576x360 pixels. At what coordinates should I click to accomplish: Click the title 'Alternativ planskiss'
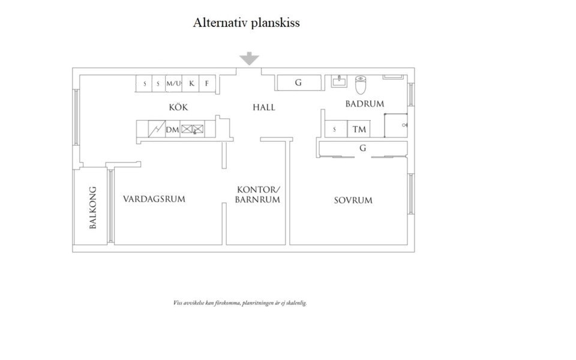tap(246, 23)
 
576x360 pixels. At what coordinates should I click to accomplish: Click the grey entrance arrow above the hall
tap(249, 58)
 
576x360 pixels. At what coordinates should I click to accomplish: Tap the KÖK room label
tap(179, 107)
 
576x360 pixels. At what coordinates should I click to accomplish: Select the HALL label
tap(264, 107)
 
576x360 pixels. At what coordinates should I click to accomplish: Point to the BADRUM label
tap(364, 104)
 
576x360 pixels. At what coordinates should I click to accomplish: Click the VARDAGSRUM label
tap(154, 199)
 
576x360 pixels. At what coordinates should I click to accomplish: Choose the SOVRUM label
tap(353, 200)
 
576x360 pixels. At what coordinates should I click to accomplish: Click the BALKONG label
tap(93, 208)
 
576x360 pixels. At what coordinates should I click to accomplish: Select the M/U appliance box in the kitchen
tap(174, 83)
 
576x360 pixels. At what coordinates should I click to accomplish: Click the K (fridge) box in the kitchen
tap(191, 83)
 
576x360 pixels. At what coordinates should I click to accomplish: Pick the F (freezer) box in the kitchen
tap(207, 83)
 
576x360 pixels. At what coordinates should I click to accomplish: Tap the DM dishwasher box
tap(173, 129)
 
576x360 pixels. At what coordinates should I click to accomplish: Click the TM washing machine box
tap(359, 129)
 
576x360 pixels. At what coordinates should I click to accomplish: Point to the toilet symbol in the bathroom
tap(361, 85)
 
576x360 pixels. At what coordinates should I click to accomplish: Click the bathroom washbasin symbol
tap(340, 82)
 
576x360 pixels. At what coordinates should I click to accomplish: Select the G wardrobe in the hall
tap(298, 83)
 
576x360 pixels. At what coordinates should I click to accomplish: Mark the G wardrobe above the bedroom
tap(362, 148)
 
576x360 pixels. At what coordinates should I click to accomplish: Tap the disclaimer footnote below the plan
tap(240, 304)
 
